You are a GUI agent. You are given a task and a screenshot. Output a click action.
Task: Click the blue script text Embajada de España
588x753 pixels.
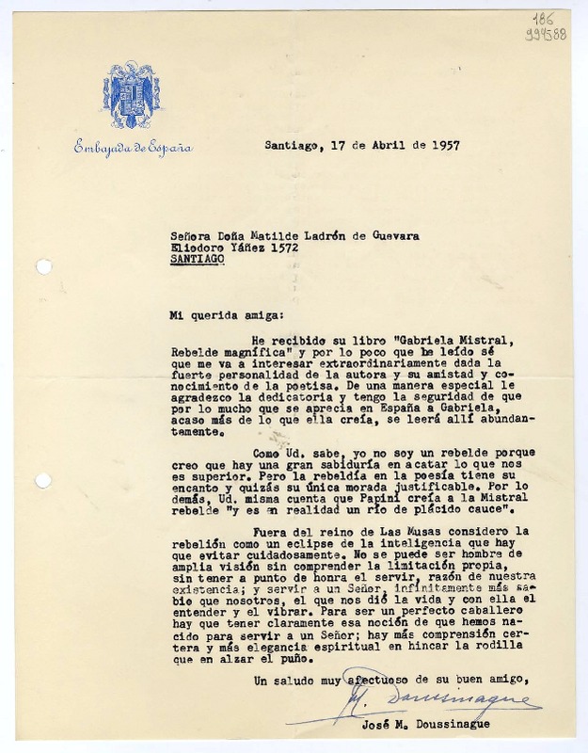point(134,148)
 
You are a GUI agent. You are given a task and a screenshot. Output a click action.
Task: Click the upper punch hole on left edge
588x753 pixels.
point(43,267)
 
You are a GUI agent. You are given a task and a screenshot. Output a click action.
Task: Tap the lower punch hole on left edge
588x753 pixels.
point(43,481)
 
